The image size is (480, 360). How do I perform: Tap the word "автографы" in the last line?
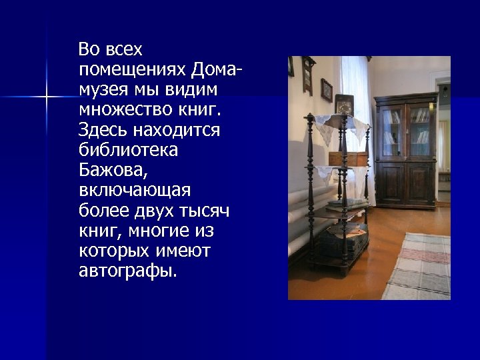pyautogui.click(x=127, y=271)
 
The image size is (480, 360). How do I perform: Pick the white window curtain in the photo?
pyautogui.click(x=351, y=87)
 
